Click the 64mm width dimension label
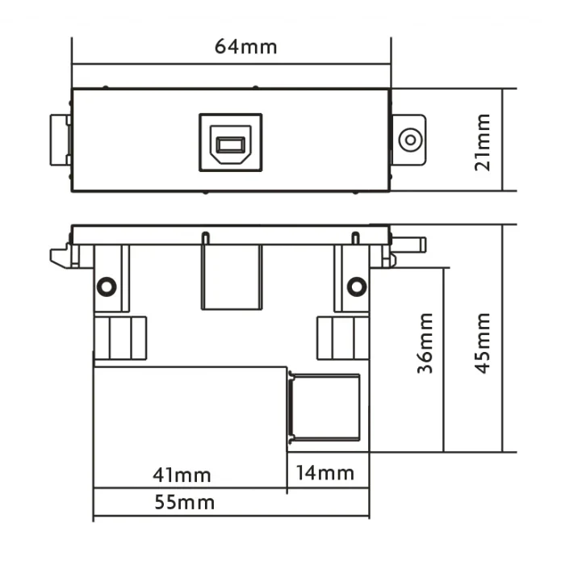[245, 47]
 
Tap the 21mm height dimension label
[483, 142]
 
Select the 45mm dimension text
[483, 343]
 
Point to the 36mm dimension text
[425, 343]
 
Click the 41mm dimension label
[182, 475]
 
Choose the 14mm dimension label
[325, 473]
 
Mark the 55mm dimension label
[185, 502]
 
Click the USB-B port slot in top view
[231, 144]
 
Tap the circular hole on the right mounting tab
[410, 140]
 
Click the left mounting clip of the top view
[61, 140]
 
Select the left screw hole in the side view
[107, 287]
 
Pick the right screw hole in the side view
[357, 287]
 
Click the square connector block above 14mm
[324, 408]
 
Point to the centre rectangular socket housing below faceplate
[232, 277]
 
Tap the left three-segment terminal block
[120, 338]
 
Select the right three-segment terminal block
[343, 338]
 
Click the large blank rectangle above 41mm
[190, 427]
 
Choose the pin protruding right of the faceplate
[408, 245]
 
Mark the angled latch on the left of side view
[61, 256]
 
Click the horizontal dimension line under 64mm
[232, 65]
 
